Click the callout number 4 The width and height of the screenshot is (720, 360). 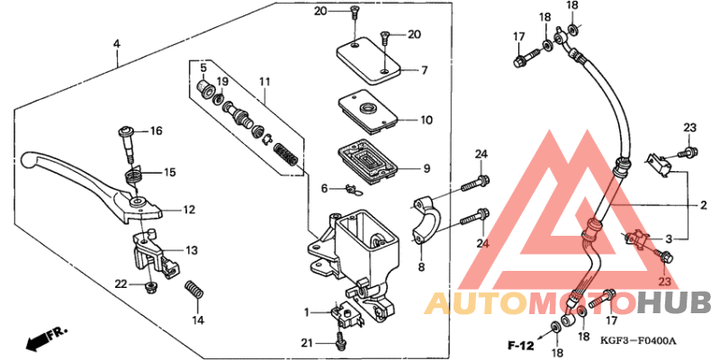point(116,43)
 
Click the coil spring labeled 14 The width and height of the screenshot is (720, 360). point(192,295)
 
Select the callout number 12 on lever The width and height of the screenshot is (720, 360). point(188,210)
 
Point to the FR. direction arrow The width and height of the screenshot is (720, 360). point(48,338)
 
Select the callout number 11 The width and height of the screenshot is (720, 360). point(264,82)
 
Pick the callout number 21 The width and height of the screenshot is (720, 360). point(307,344)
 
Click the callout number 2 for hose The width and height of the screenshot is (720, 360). point(703,205)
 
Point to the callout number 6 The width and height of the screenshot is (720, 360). point(324,187)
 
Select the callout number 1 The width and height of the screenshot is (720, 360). point(307,311)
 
